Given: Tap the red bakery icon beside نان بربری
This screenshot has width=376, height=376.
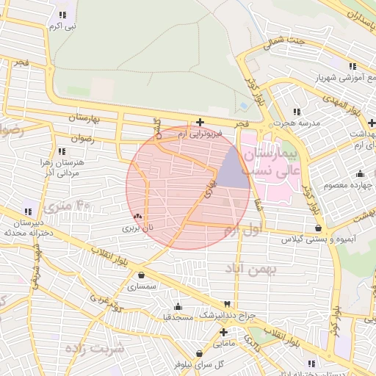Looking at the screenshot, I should point(139,217).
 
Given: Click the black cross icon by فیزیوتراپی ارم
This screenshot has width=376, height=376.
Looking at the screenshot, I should point(200,123).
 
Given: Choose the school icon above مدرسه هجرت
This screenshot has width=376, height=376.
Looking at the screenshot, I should point(297,112).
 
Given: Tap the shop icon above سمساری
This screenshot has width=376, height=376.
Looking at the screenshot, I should point(141,275).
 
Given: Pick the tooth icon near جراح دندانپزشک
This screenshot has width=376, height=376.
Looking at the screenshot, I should point(228,304).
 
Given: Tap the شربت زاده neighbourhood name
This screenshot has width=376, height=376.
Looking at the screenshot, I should point(94,347).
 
